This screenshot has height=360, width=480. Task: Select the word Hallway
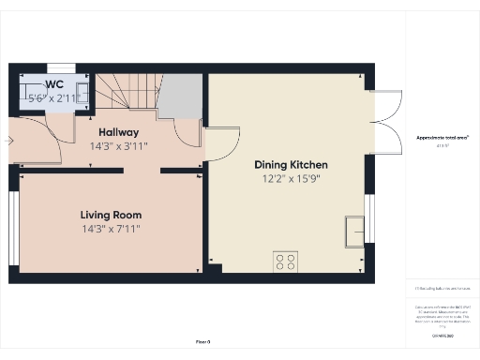(114, 132)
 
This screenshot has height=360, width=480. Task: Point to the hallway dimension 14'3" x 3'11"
(118, 146)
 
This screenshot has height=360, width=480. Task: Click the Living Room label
(111, 214)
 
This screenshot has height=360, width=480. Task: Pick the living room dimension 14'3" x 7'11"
(111, 228)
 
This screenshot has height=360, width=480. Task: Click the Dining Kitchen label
(291, 164)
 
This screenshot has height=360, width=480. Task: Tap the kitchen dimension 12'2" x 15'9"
(291, 178)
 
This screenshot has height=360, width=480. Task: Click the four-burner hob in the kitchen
(286, 262)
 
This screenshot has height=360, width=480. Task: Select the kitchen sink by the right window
(355, 230)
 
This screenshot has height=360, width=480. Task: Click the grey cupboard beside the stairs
(180, 96)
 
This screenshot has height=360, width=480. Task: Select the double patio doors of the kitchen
(384, 122)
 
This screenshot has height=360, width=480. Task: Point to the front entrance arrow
(9, 141)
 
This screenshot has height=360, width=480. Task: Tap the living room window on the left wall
(13, 227)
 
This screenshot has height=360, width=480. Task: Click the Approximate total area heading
(442, 137)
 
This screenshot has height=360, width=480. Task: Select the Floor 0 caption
(202, 342)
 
